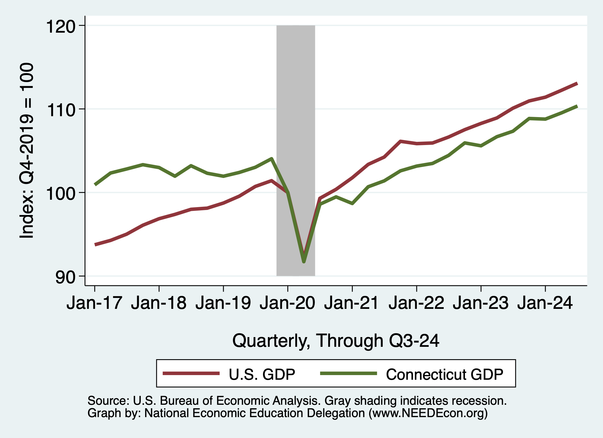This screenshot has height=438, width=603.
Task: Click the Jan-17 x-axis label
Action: click(94, 303)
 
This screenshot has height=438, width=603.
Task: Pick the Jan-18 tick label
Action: click(159, 303)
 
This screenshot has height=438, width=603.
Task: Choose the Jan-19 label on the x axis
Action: click(223, 303)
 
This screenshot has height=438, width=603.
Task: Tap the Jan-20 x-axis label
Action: click(287, 303)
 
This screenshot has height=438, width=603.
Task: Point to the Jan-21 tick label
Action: click(352, 303)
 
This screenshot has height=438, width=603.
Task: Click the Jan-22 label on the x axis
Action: click(416, 303)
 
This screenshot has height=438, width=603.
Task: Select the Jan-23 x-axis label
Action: click(481, 303)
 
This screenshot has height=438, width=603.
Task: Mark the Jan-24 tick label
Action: click(545, 303)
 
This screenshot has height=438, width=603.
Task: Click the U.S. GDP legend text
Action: click(262, 374)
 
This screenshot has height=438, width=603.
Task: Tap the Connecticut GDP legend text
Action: click(445, 374)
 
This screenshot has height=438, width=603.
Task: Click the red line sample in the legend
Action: click(191, 374)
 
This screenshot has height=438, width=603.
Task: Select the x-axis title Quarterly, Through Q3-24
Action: click(336, 341)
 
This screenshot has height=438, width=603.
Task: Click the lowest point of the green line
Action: click(304, 262)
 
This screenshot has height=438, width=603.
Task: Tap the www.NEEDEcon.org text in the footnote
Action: click(428, 413)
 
